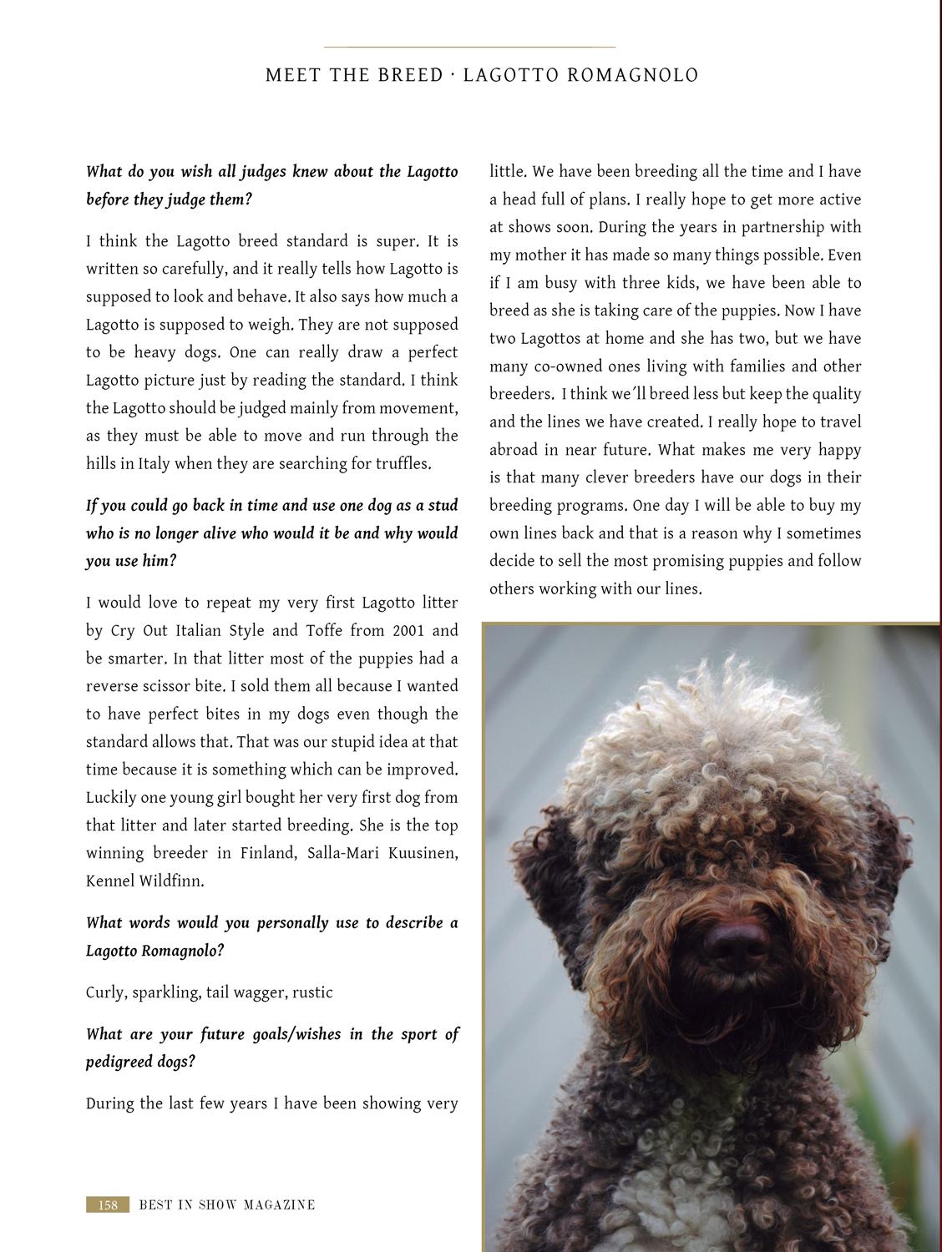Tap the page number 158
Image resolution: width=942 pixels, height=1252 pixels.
coord(108,1204)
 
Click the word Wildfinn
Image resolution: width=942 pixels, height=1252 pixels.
coord(172,881)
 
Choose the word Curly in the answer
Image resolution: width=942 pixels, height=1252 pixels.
coord(104,992)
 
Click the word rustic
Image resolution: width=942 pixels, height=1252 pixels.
coord(312,992)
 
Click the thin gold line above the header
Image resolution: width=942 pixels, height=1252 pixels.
coord(469,47)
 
